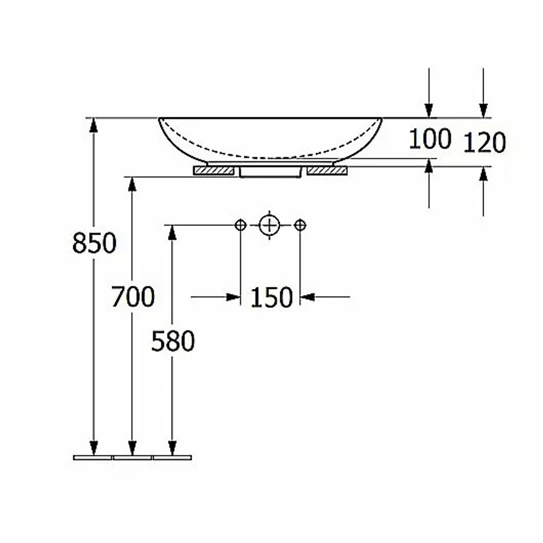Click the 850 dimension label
(94, 243)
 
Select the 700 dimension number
(132, 297)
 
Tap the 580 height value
(173, 341)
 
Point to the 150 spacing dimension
(271, 298)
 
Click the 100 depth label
(430, 139)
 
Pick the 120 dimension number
(484, 142)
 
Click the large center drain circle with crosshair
(269, 225)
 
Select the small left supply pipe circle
(241, 225)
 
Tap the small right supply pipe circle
(300, 225)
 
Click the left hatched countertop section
(213, 171)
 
